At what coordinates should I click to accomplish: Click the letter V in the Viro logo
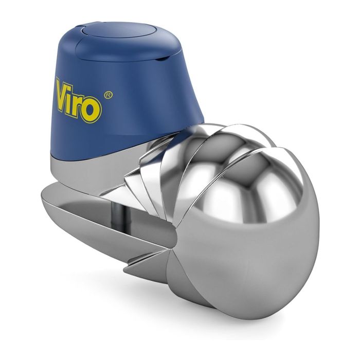[x=64, y=92]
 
